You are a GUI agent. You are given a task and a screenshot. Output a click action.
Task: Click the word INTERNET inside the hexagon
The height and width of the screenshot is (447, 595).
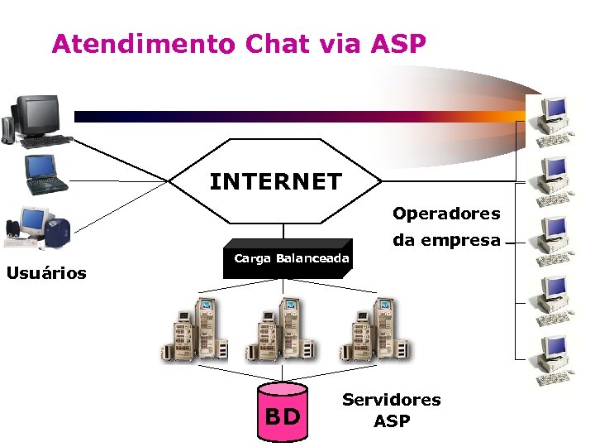(x=275, y=181)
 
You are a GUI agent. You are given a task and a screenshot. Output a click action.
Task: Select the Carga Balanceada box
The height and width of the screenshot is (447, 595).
(x=291, y=259)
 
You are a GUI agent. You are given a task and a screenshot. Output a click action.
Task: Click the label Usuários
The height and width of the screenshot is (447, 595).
(x=46, y=273)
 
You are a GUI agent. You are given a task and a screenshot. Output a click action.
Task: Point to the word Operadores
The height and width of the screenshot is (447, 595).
(x=446, y=214)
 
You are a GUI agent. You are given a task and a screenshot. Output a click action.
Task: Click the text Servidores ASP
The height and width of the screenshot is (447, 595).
(x=391, y=410)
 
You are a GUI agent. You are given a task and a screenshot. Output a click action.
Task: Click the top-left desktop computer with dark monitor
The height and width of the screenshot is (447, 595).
(x=37, y=121)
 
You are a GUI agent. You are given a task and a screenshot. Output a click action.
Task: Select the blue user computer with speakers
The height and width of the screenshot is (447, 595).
(x=38, y=227)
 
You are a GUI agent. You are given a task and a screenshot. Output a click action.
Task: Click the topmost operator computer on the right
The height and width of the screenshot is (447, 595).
(x=552, y=116)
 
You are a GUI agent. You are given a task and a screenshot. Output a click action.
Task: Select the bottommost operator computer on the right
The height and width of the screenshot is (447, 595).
(x=552, y=361)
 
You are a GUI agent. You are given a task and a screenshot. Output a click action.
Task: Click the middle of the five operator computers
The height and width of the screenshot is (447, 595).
(x=552, y=238)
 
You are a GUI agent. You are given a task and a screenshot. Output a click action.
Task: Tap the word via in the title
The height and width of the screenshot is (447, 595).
(x=340, y=44)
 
